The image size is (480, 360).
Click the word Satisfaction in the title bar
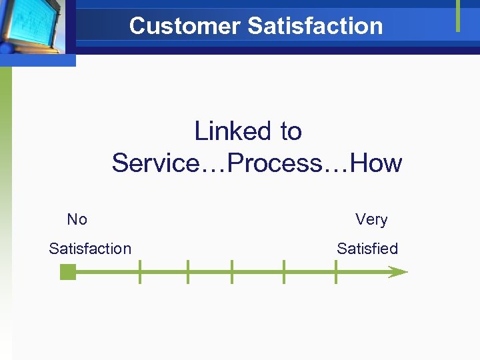(315, 26)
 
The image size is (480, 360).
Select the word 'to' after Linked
(291, 131)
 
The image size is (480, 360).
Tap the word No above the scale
(77, 219)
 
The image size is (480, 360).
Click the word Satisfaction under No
(90, 249)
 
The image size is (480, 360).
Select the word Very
(371, 219)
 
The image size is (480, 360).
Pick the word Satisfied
(367, 249)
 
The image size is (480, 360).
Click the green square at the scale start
(67, 272)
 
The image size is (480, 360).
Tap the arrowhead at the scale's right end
(398, 272)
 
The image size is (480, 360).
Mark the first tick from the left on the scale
(139, 272)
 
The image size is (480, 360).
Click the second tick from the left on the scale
(188, 272)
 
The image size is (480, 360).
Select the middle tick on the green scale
(231, 272)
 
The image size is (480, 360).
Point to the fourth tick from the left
(284, 272)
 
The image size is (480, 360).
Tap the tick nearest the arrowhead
(335, 272)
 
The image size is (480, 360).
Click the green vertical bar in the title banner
(458, 15)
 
